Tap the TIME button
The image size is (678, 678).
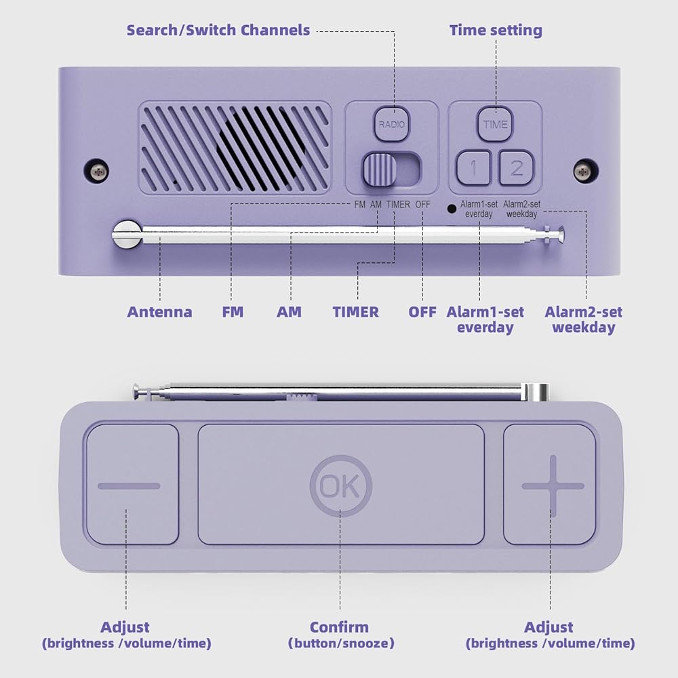[495, 124]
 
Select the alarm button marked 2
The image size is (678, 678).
[517, 167]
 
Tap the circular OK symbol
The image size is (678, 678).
[340, 485]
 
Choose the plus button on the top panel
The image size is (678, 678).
[552, 485]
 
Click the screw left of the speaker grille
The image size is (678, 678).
[99, 170]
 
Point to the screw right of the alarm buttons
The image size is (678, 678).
[584, 171]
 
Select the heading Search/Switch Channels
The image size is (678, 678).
[218, 30]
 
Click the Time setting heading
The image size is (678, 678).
[496, 30]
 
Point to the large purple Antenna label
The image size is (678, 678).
[159, 312]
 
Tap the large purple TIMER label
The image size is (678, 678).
[356, 312]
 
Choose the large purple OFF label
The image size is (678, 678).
[422, 312]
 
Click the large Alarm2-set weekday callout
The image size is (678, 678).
[584, 319]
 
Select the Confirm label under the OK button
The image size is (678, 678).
[340, 627]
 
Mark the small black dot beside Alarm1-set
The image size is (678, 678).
[451, 207]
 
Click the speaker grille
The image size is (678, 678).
[236, 146]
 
